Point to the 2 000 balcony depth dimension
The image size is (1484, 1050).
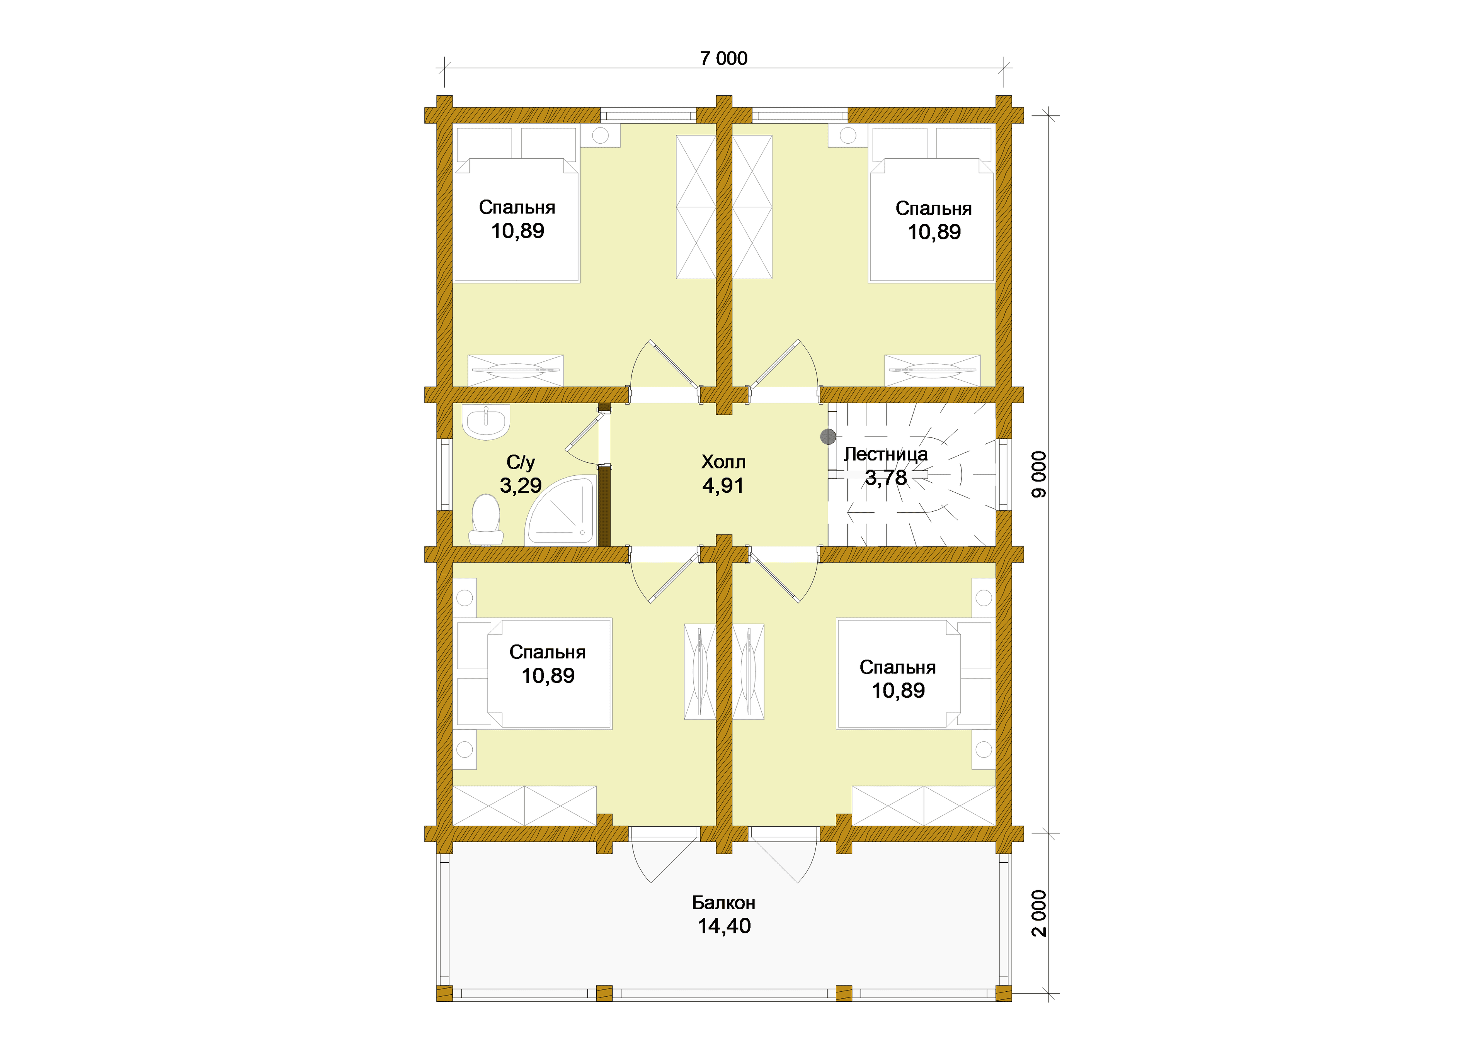point(1038,913)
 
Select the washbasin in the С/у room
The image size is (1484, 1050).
point(486,422)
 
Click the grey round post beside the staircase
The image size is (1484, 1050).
point(828,437)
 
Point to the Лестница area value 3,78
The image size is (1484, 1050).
point(886,478)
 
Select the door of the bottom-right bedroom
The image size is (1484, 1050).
point(774,577)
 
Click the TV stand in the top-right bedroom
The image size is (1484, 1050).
point(932,370)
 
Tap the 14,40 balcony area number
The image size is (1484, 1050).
point(724,926)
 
